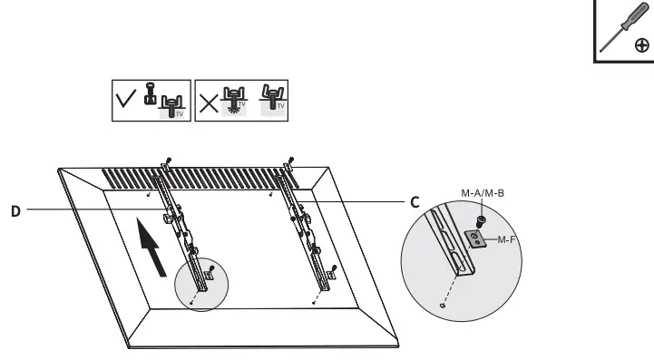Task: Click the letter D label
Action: click(15, 211)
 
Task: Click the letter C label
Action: click(414, 202)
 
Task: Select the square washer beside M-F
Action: click(474, 238)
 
